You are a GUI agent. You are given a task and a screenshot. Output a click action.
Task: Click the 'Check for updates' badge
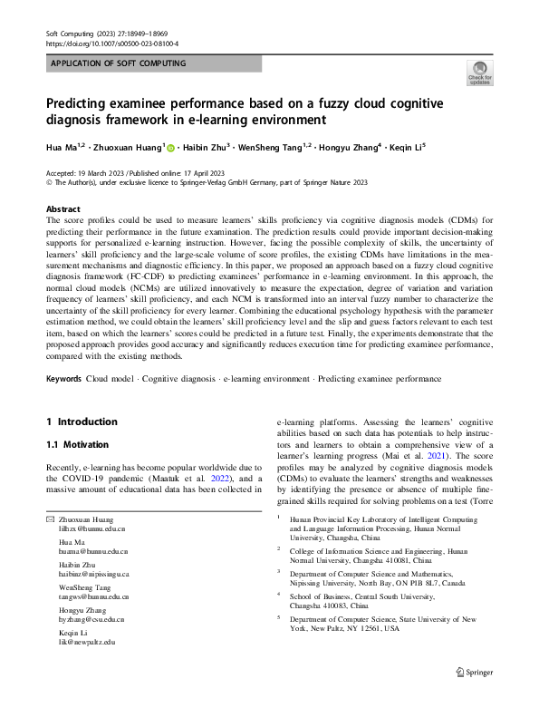[478, 73]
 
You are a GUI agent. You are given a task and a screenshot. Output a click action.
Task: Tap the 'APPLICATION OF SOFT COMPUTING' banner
[119, 63]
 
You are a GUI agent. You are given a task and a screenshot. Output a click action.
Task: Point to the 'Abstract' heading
[63, 208]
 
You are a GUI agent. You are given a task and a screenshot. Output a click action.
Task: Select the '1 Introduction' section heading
[82, 421]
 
